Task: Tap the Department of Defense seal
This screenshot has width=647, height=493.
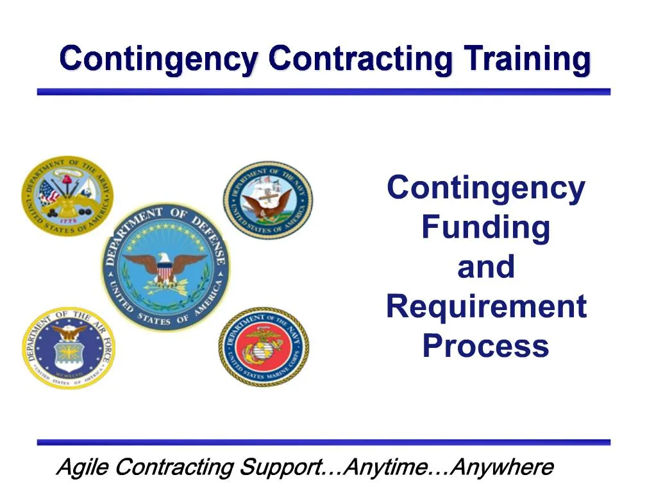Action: [165, 267]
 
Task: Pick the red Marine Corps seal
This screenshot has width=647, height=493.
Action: [264, 346]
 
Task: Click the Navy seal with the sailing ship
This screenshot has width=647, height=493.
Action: [268, 200]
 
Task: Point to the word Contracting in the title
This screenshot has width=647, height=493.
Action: [361, 59]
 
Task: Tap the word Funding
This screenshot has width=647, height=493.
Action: [485, 227]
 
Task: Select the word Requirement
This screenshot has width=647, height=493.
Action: [486, 306]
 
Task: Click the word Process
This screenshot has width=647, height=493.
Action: [485, 346]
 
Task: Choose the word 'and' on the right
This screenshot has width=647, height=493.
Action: [485, 267]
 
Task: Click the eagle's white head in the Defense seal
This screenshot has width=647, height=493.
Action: [166, 258]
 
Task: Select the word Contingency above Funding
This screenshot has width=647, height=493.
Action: [485, 188]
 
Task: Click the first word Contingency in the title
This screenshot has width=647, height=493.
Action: [159, 59]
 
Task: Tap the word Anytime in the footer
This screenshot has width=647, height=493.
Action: [386, 467]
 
